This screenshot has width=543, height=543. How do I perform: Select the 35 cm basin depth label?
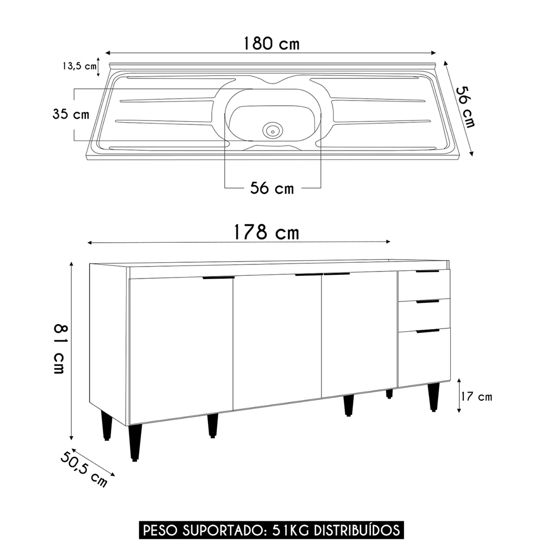[x=70, y=115]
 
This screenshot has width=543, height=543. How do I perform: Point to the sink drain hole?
[x=272, y=130]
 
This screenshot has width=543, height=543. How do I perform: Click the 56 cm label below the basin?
[x=271, y=188]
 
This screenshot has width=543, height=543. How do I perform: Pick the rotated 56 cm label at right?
[x=465, y=108]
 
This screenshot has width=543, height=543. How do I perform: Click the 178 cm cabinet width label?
[x=266, y=232]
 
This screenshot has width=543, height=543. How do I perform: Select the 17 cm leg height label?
[x=476, y=397]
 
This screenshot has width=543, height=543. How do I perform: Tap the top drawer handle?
[x=427, y=271]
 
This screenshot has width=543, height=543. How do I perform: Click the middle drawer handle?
[x=427, y=301]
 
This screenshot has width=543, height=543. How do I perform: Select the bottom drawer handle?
[x=427, y=331]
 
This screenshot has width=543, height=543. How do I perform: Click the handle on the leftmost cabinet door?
[x=218, y=277]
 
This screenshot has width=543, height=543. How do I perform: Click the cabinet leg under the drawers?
[x=433, y=396]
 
